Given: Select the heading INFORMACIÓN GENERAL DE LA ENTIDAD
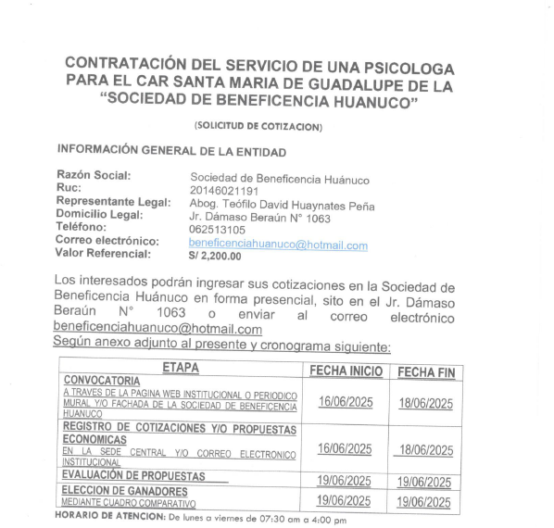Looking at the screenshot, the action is (x=172, y=150).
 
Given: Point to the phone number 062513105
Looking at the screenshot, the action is (x=218, y=230).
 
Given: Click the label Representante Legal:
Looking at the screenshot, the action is (x=113, y=201).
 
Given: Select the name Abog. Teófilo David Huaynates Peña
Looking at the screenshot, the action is (x=282, y=205).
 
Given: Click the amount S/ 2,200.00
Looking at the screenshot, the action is (x=215, y=258).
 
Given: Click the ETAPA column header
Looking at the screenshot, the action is (x=180, y=369).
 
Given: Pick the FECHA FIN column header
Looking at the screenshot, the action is (x=426, y=371).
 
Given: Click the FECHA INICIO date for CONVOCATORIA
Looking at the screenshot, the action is (x=345, y=402).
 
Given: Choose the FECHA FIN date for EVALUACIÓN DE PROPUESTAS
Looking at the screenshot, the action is (x=424, y=482).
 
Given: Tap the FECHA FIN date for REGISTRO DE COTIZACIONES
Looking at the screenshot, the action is (x=424, y=450).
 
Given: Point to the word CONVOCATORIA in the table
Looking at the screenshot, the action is (x=102, y=381).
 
